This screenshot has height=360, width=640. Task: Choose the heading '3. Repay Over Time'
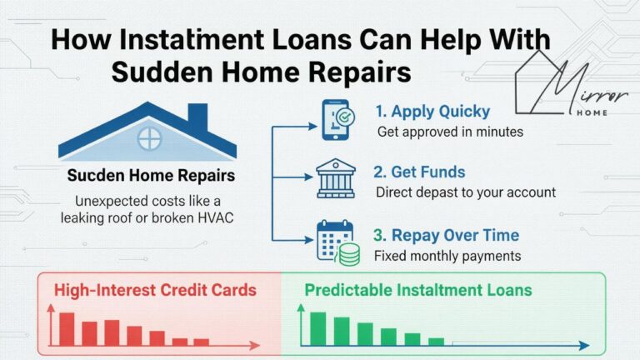click(x=446, y=234)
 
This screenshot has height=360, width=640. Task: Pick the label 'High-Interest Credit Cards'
click(x=155, y=291)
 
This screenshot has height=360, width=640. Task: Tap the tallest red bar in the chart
click(x=67, y=329)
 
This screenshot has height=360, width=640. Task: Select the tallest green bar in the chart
click(x=317, y=328)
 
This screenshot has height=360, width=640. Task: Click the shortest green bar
click(x=436, y=341)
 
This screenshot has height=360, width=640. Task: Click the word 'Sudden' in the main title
click(x=157, y=72)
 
